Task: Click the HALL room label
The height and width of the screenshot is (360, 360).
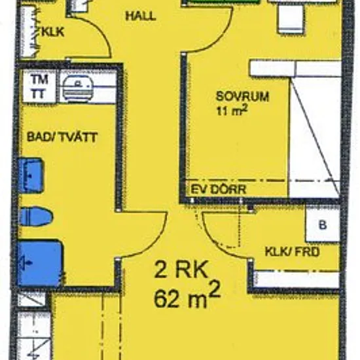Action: coord(141,16)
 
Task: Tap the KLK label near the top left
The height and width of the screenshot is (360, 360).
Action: coord(52,32)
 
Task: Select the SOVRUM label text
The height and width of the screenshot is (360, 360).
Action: coord(242,96)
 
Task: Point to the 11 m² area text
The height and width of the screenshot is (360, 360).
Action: coord(232,111)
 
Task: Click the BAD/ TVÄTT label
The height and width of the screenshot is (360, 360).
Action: coord(62,137)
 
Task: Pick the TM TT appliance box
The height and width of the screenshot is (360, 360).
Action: coord(39,86)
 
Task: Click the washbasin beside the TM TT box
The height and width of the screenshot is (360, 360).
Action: coord(78,88)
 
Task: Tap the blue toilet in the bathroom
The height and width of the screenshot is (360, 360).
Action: coord(36,217)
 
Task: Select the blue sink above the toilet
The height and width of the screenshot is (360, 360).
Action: coord(31,175)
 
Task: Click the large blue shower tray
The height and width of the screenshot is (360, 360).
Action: coord(39,263)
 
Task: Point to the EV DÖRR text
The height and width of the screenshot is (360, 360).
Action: coord(219,189)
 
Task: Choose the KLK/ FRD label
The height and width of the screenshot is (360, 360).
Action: coord(293,252)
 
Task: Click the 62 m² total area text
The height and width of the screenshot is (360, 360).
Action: coord(187,296)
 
